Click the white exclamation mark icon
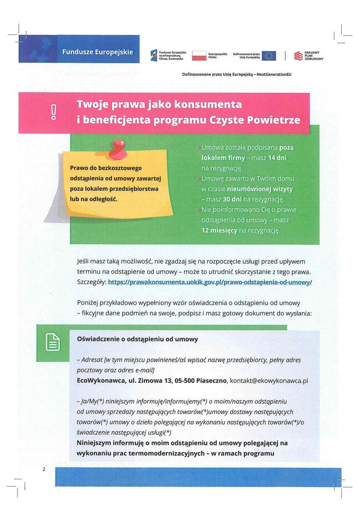tap(53, 112)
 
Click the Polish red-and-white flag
tap(199, 55)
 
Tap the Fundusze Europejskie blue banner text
tap(98, 52)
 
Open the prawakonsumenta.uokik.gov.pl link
tap(210, 282)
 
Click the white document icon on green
tap(53, 342)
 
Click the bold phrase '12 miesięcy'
tap(219, 230)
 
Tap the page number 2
tap(44, 469)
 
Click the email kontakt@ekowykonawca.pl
tap(268, 380)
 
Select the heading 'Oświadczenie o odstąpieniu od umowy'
tap(137, 339)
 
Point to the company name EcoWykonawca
tap(99, 380)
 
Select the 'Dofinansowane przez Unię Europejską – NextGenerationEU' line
tap(237, 74)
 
